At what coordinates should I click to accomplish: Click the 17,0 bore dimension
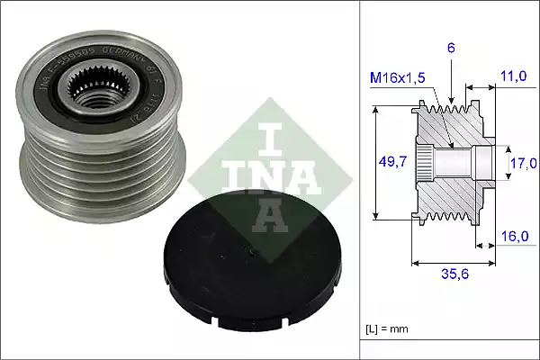[x=521, y=163]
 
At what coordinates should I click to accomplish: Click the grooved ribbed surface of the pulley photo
[x=72, y=180]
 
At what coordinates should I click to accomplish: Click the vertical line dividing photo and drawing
[x=360, y=180]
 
